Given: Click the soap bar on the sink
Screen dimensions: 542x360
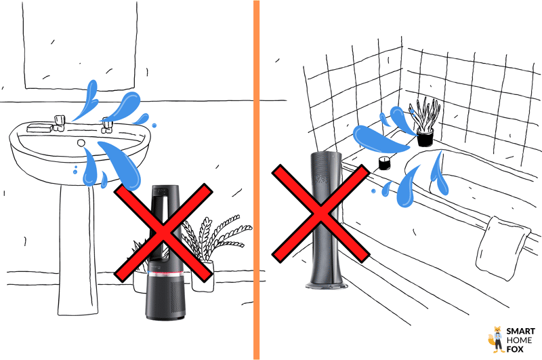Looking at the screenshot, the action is click(39, 127).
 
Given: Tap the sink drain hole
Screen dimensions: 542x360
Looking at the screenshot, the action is click(81, 142).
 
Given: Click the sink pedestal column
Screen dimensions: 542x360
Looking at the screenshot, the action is click(77, 249).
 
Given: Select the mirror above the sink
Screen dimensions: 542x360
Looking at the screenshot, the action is click(80, 44).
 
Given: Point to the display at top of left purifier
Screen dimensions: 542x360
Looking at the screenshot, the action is click(161, 190).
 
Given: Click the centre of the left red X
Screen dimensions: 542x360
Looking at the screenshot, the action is click(163, 233).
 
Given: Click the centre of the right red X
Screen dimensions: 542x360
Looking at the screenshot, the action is click(320, 213).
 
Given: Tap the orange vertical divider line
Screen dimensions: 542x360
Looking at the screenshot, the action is click(256, 180).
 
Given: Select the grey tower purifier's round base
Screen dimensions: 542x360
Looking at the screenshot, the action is click(327, 285).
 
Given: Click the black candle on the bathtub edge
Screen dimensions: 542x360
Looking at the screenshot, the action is click(384, 163).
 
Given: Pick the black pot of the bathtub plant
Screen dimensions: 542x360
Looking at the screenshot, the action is click(425, 138).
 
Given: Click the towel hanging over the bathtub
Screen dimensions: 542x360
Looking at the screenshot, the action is click(502, 248).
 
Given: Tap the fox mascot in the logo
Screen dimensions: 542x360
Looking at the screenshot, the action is click(497, 339).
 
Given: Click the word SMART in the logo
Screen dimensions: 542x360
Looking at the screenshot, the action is click(520, 332).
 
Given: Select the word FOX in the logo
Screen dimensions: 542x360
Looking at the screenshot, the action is click(515, 349).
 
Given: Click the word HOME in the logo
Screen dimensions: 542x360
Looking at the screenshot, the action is click(519, 340).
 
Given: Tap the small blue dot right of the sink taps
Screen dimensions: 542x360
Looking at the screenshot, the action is click(154, 125).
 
